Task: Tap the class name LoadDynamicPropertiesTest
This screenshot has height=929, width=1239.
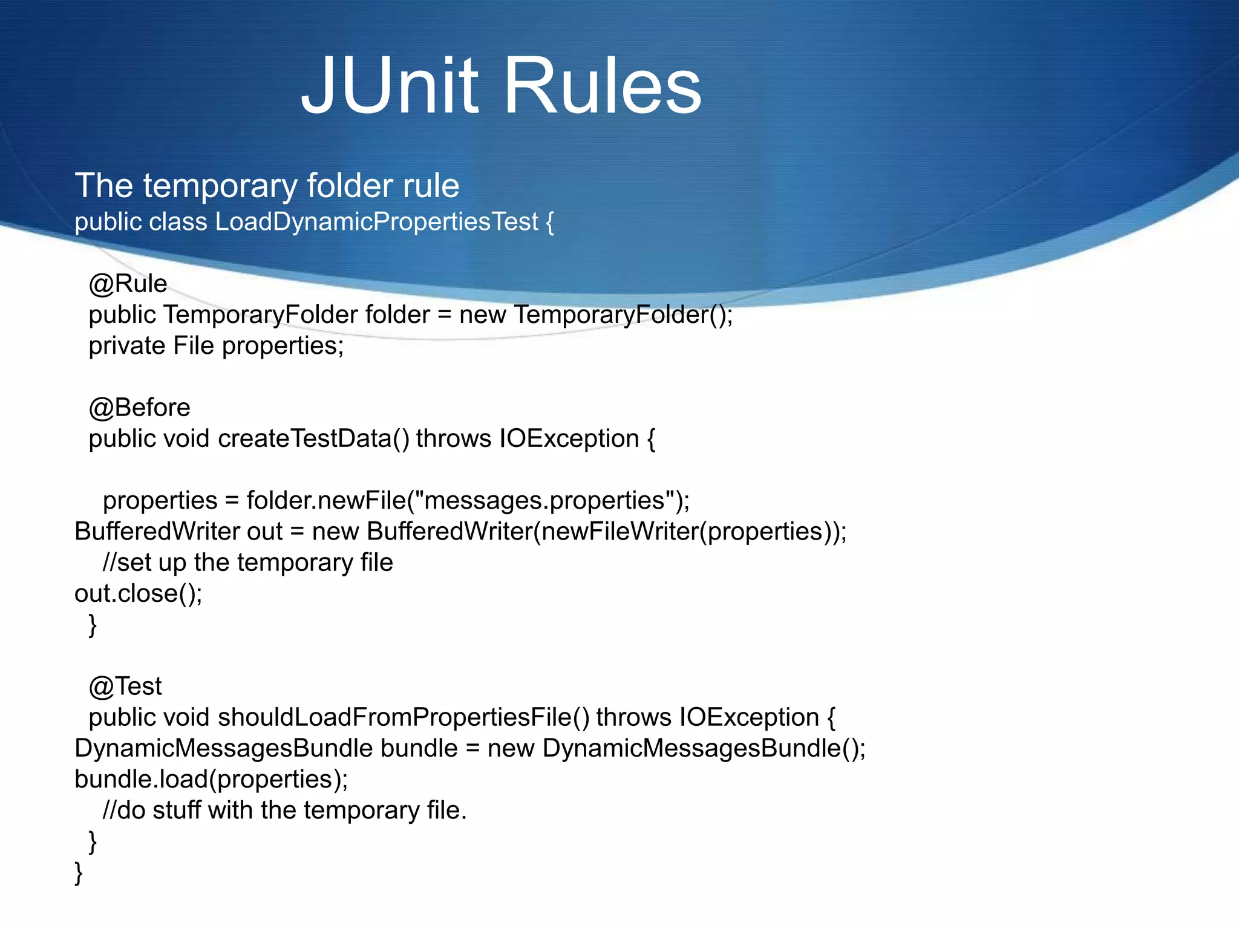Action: coord(376,222)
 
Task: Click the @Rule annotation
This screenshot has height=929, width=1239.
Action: coord(128,284)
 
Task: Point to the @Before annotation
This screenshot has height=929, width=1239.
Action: coord(139,408)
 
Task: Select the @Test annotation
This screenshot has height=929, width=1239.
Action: coord(125,686)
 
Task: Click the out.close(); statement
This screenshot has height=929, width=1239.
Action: coord(139,593)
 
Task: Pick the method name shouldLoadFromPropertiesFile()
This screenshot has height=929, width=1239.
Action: coord(403,717)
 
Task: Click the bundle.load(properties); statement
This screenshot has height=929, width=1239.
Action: coord(211,779)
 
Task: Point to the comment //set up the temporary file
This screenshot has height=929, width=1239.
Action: coord(248,562)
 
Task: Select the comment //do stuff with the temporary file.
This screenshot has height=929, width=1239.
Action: coord(285,810)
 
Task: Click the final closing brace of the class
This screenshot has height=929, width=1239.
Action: coord(79,873)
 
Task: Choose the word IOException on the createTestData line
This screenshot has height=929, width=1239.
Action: coord(569,438)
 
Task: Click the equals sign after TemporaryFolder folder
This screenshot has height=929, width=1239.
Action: coord(445,315)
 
